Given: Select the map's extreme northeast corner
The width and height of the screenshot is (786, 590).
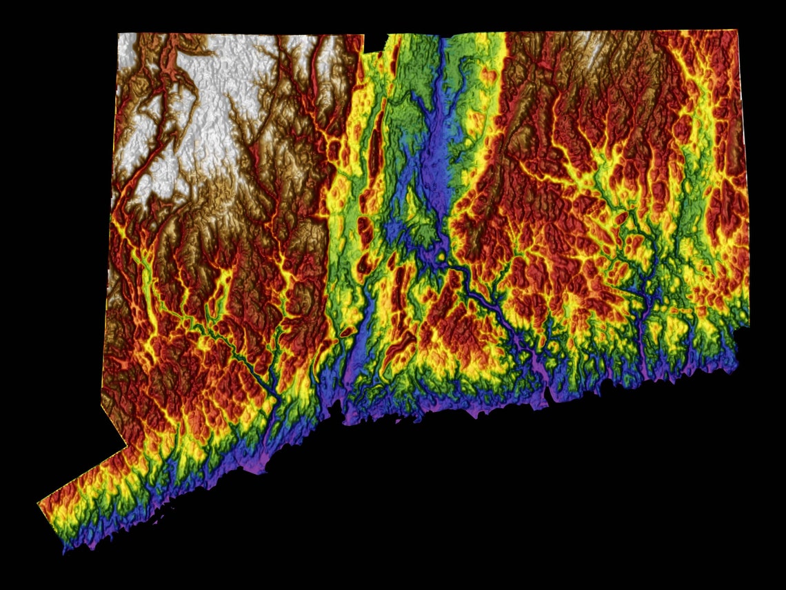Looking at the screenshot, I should [738, 30].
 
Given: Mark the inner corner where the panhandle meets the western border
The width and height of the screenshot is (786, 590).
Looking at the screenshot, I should [126, 446].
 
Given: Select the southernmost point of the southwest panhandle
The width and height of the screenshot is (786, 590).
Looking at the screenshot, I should [65, 552].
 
